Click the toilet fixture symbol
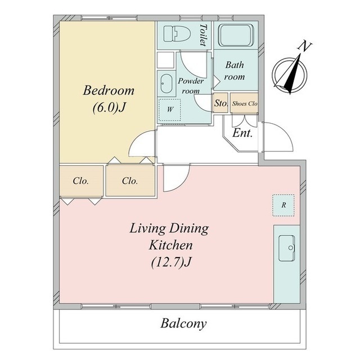(177, 34)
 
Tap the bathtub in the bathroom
(236, 35)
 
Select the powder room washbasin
(166, 84)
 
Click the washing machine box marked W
(170, 110)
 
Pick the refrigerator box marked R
(283, 205)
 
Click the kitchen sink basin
(286, 248)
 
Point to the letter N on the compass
(305, 46)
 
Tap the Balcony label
(183, 323)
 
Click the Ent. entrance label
(242, 133)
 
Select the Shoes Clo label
(245, 103)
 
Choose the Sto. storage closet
(220, 103)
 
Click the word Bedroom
(109, 91)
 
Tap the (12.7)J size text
(171, 262)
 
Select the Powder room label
(191, 86)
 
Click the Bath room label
(235, 71)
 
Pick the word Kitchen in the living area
(171, 245)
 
